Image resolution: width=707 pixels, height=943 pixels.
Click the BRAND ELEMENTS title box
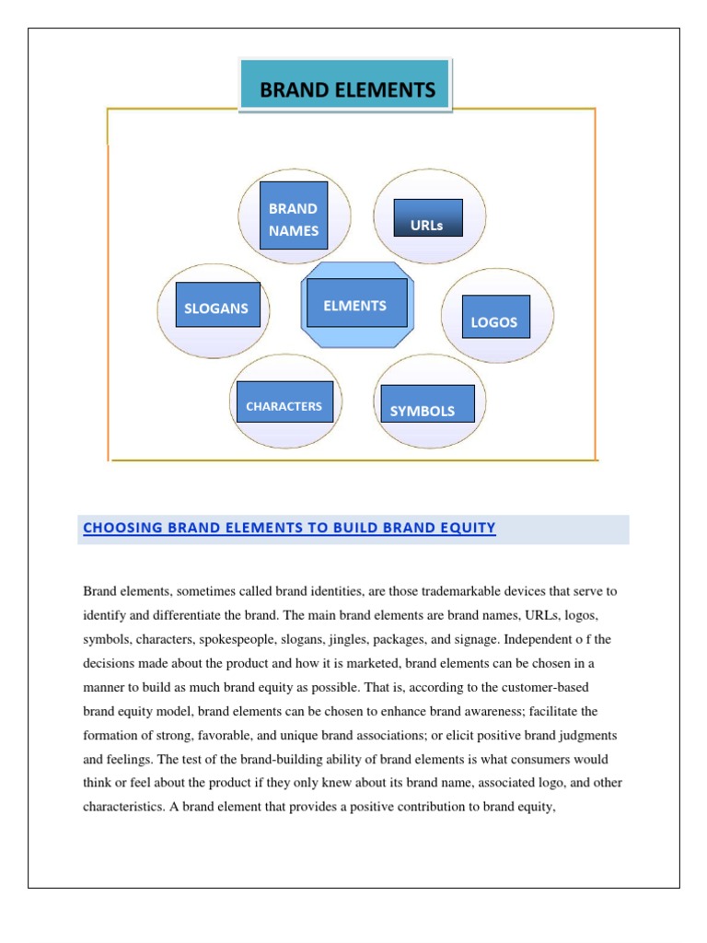[346, 89]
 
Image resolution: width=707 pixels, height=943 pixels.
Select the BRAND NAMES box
[294, 219]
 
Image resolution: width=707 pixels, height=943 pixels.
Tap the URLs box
[427, 224]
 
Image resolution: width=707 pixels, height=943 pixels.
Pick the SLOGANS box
[217, 308]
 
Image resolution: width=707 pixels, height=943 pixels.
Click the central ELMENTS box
[354, 305]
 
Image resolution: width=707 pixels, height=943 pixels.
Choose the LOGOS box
[494, 321]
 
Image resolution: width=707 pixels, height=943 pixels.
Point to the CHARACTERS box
[284, 405]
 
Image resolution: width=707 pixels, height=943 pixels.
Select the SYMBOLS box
[423, 411]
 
